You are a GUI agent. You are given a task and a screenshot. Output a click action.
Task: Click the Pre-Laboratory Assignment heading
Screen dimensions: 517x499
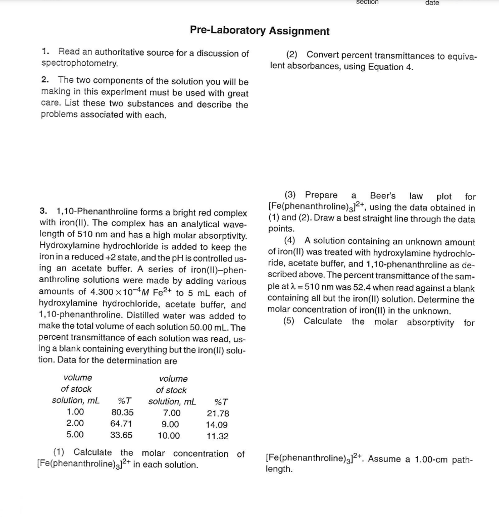pos(260,31)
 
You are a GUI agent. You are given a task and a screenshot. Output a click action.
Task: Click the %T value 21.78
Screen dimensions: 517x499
pos(218,413)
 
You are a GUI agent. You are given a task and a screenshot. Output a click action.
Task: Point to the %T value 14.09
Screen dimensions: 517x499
pos(218,425)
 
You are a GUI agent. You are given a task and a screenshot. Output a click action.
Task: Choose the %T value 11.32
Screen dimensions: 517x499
pos(218,436)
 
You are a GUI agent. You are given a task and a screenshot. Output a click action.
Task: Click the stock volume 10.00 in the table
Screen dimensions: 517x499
pos(169,436)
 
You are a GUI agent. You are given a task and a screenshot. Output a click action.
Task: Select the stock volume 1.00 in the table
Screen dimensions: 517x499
pos(75,412)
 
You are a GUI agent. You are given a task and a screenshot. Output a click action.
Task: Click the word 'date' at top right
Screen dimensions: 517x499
pos(432,3)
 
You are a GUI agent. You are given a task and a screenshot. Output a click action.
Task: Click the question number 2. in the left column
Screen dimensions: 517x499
pos(45,80)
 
